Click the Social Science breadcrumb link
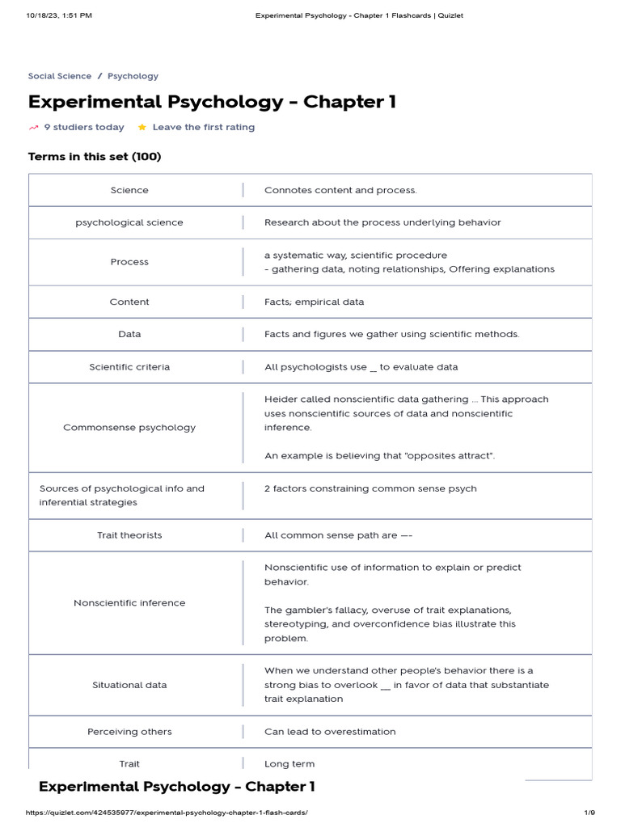pos(60,76)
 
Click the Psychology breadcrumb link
pos(133,76)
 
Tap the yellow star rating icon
pos(142,127)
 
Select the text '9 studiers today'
pos(84,127)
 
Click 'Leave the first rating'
pos(203,127)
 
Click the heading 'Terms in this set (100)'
pos(95,157)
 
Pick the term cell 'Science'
pos(129,190)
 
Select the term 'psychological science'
pos(129,222)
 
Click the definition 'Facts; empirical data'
pos(314,302)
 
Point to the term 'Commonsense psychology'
pos(129,427)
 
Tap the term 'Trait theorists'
pos(129,535)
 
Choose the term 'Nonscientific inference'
pos(129,602)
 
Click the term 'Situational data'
pos(129,685)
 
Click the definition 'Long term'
pos(289,764)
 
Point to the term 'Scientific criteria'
pos(129,367)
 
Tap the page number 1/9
pos(589,813)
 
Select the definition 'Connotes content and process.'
pos(340,190)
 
